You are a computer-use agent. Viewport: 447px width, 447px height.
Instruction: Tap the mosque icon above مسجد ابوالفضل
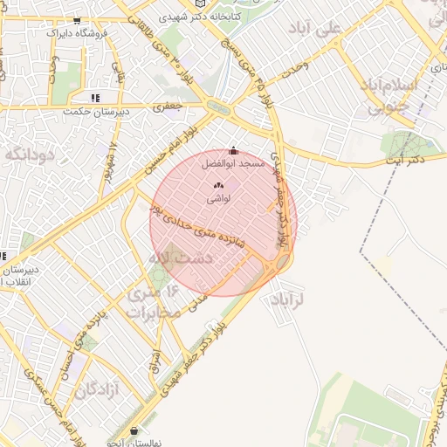pyautogui.click(x=232, y=150)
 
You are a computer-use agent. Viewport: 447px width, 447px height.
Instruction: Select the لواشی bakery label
pyautogui.click(x=218, y=198)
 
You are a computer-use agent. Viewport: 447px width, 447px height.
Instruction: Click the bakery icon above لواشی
pyautogui.click(x=218, y=185)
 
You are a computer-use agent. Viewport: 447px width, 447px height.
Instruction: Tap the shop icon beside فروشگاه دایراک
pyautogui.click(x=78, y=20)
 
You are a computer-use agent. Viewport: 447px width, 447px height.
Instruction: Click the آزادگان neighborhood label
pyautogui.click(x=96, y=390)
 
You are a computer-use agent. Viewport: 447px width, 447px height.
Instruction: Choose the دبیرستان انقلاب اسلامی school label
pyautogui.click(x=19, y=277)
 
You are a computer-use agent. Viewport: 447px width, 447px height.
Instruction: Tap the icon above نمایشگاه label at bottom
pyautogui.click(x=133, y=430)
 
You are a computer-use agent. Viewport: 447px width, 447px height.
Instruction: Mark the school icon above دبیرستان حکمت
pyautogui.click(x=94, y=98)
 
